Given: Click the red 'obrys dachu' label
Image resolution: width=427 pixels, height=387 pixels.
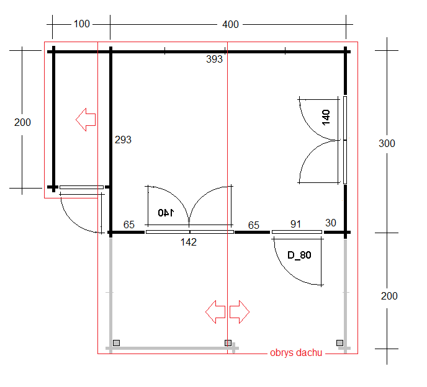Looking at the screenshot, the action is click(296, 353).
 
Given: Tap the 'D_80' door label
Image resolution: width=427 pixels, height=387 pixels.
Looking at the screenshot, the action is click(299, 255).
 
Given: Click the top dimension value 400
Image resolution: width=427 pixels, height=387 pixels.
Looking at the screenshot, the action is click(230, 24).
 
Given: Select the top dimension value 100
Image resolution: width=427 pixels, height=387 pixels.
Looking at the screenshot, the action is click(82, 24).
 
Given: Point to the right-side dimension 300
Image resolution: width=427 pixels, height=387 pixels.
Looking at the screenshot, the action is click(387, 143).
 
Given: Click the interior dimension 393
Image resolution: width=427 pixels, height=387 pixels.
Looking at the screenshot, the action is click(214, 59).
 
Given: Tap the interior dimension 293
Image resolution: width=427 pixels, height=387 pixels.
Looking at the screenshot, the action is click(123, 140).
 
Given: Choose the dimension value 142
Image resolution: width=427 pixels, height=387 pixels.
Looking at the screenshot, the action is click(189, 242).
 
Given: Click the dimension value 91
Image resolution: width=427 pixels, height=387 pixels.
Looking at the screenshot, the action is click(296, 224).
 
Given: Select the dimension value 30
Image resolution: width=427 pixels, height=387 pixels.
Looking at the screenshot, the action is click(331, 223).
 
